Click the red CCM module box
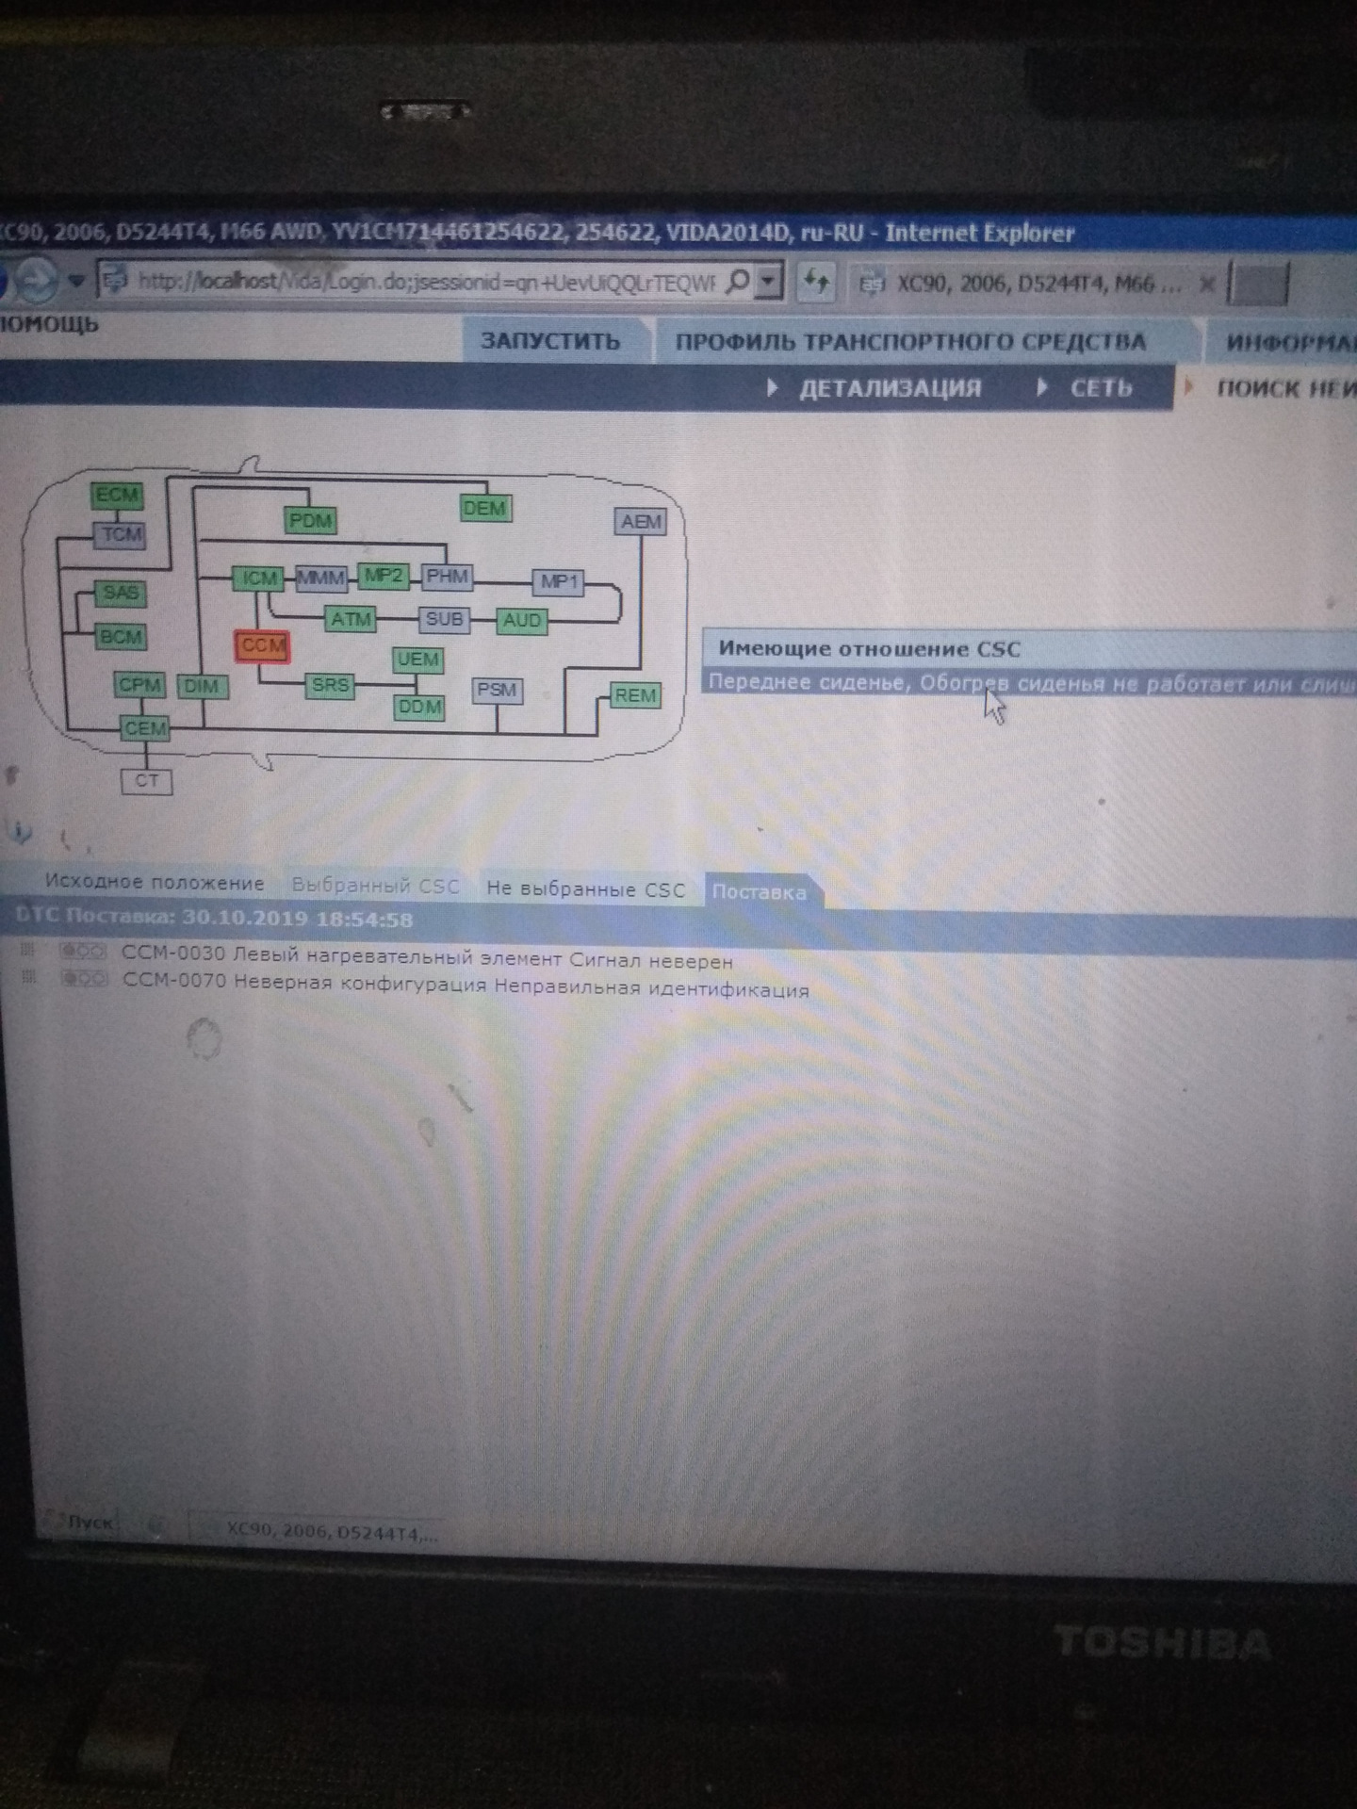pyautogui.click(x=262, y=646)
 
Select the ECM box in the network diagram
pyautogui.click(x=117, y=495)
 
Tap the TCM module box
pyautogui.click(x=121, y=535)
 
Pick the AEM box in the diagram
pyautogui.click(x=641, y=521)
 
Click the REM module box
pyautogui.click(x=635, y=695)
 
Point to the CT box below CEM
pyautogui.click(x=147, y=781)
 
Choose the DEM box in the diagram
pyautogui.click(x=484, y=509)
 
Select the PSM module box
pyautogui.click(x=497, y=690)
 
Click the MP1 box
pyautogui.click(x=559, y=582)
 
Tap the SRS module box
pyautogui.click(x=330, y=685)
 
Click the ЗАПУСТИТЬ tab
pyautogui.click(x=551, y=341)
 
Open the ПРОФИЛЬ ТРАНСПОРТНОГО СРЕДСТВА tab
pyautogui.click(x=910, y=342)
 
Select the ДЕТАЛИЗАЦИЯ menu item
pyautogui.click(x=890, y=388)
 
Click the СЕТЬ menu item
pyautogui.click(x=1100, y=388)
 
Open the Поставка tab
pyautogui.click(x=760, y=892)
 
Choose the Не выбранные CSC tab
pyautogui.click(x=585, y=888)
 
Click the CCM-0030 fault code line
pyautogui.click(x=427, y=957)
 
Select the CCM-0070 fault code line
pyautogui.click(x=466, y=986)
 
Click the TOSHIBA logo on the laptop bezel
pyautogui.click(x=1162, y=1643)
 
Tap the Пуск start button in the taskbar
pyautogui.click(x=90, y=1522)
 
